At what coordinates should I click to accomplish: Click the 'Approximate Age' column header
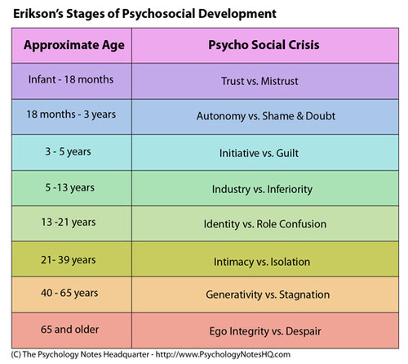click(74, 45)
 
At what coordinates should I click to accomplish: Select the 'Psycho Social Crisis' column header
click(264, 45)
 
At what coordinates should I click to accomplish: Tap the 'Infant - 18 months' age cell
click(71, 79)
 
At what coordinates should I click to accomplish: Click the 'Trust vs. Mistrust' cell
click(260, 81)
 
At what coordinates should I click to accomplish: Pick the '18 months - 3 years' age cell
click(71, 114)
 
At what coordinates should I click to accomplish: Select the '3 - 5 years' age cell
click(68, 151)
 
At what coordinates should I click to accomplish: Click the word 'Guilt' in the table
click(287, 153)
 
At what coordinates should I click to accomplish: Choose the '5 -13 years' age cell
click(70, 187)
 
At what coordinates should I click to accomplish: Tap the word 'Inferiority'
click(290, 189)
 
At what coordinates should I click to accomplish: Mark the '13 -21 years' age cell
click(68, 222)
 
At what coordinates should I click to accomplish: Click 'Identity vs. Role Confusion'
click(265, 224)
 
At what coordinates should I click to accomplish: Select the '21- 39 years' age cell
click(68, 260)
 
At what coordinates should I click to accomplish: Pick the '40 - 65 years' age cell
click(69, 293)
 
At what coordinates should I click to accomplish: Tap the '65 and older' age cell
click(70, 329)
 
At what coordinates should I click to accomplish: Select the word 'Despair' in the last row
click(303, 331)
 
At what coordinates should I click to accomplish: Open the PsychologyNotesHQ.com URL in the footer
click(223, 354)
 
